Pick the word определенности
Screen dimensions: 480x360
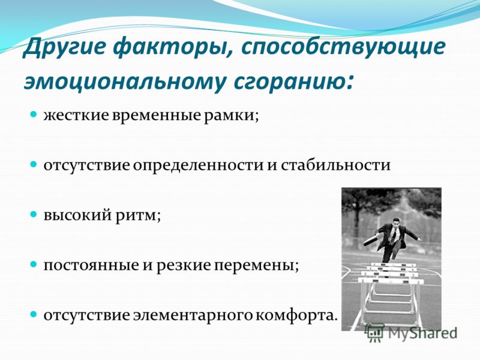198,166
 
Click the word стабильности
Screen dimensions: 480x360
335,166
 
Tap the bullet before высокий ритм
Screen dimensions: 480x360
34,214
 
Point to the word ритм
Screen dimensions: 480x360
137,216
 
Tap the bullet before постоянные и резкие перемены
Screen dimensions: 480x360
34,264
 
